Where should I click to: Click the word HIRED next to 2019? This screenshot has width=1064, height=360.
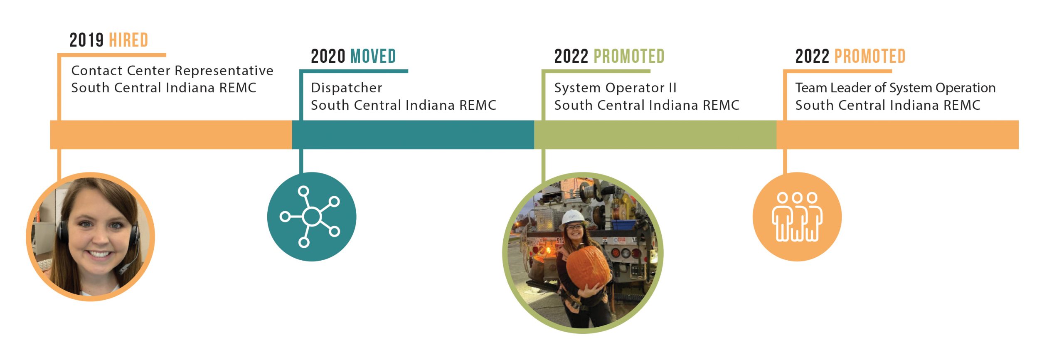128,40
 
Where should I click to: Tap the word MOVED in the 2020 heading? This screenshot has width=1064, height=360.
373,57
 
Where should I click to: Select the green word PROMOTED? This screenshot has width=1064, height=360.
629,57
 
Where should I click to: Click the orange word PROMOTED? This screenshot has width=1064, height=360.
870,57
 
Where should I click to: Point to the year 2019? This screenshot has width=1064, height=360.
86,40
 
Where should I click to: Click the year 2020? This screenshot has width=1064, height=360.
328,57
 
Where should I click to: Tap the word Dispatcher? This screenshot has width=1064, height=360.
346,88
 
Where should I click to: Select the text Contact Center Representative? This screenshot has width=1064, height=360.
172,71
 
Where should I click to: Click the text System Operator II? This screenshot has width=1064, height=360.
615,88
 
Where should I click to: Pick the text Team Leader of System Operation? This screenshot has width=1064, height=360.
895,88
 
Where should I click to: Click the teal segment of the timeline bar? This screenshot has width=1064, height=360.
413,135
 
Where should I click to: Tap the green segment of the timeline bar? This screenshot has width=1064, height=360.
655,135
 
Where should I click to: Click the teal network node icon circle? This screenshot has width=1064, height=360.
311,217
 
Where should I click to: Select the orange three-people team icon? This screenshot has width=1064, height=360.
797,217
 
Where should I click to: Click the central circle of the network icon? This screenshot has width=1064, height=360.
312,217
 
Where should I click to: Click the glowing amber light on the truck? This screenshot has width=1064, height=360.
547,250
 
